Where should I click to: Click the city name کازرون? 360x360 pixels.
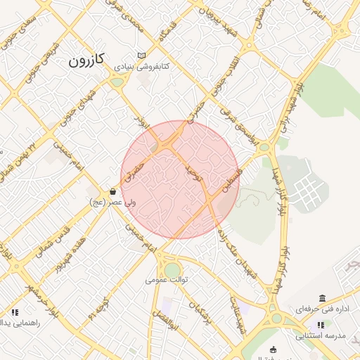[x=86, y=60]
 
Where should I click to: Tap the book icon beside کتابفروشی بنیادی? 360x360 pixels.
[x=143, y=56]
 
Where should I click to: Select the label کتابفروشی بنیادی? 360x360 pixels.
[x=143, y=68]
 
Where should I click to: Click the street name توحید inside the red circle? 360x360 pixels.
[x=191, y=173]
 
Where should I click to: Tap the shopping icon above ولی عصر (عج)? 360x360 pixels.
[x=112, y=191]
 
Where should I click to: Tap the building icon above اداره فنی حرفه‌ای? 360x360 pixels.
[x=322, y=299]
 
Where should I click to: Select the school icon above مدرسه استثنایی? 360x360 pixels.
[x=321, y=325]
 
